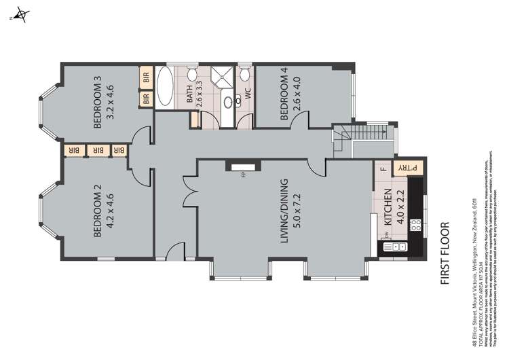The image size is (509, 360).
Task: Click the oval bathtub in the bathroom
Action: point(166,87)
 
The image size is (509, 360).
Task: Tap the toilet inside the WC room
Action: point(244,73)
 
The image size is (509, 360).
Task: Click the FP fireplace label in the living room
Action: point(242,175)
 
